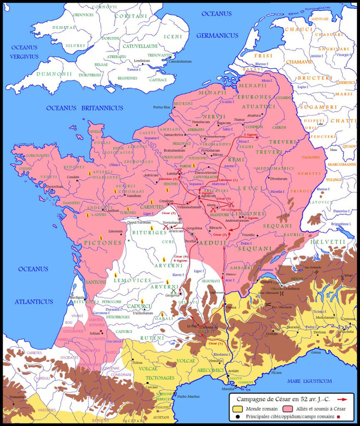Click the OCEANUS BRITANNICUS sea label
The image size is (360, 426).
(84, 108)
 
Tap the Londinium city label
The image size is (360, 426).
(142, 61)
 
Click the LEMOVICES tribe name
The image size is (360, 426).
(132, 280)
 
